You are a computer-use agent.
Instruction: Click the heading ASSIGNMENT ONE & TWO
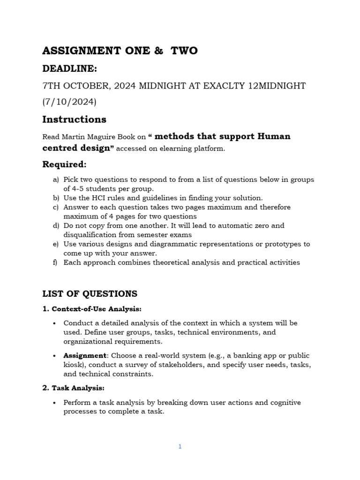point(120,51)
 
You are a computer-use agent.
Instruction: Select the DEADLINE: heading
point(69,68)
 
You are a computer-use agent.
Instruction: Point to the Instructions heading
point(74,119)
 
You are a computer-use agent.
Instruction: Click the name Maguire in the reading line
point(100,137)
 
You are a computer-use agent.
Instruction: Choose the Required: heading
point(64,164)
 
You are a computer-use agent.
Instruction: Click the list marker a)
point(56,180)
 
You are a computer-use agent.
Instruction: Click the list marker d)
point(56,225)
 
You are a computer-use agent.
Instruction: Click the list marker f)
point(55,262)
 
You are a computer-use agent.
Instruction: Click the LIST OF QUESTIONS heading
point(90,294)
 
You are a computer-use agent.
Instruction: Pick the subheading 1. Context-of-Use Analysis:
point(92,309)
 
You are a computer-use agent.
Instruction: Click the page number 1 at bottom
point(180,447)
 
